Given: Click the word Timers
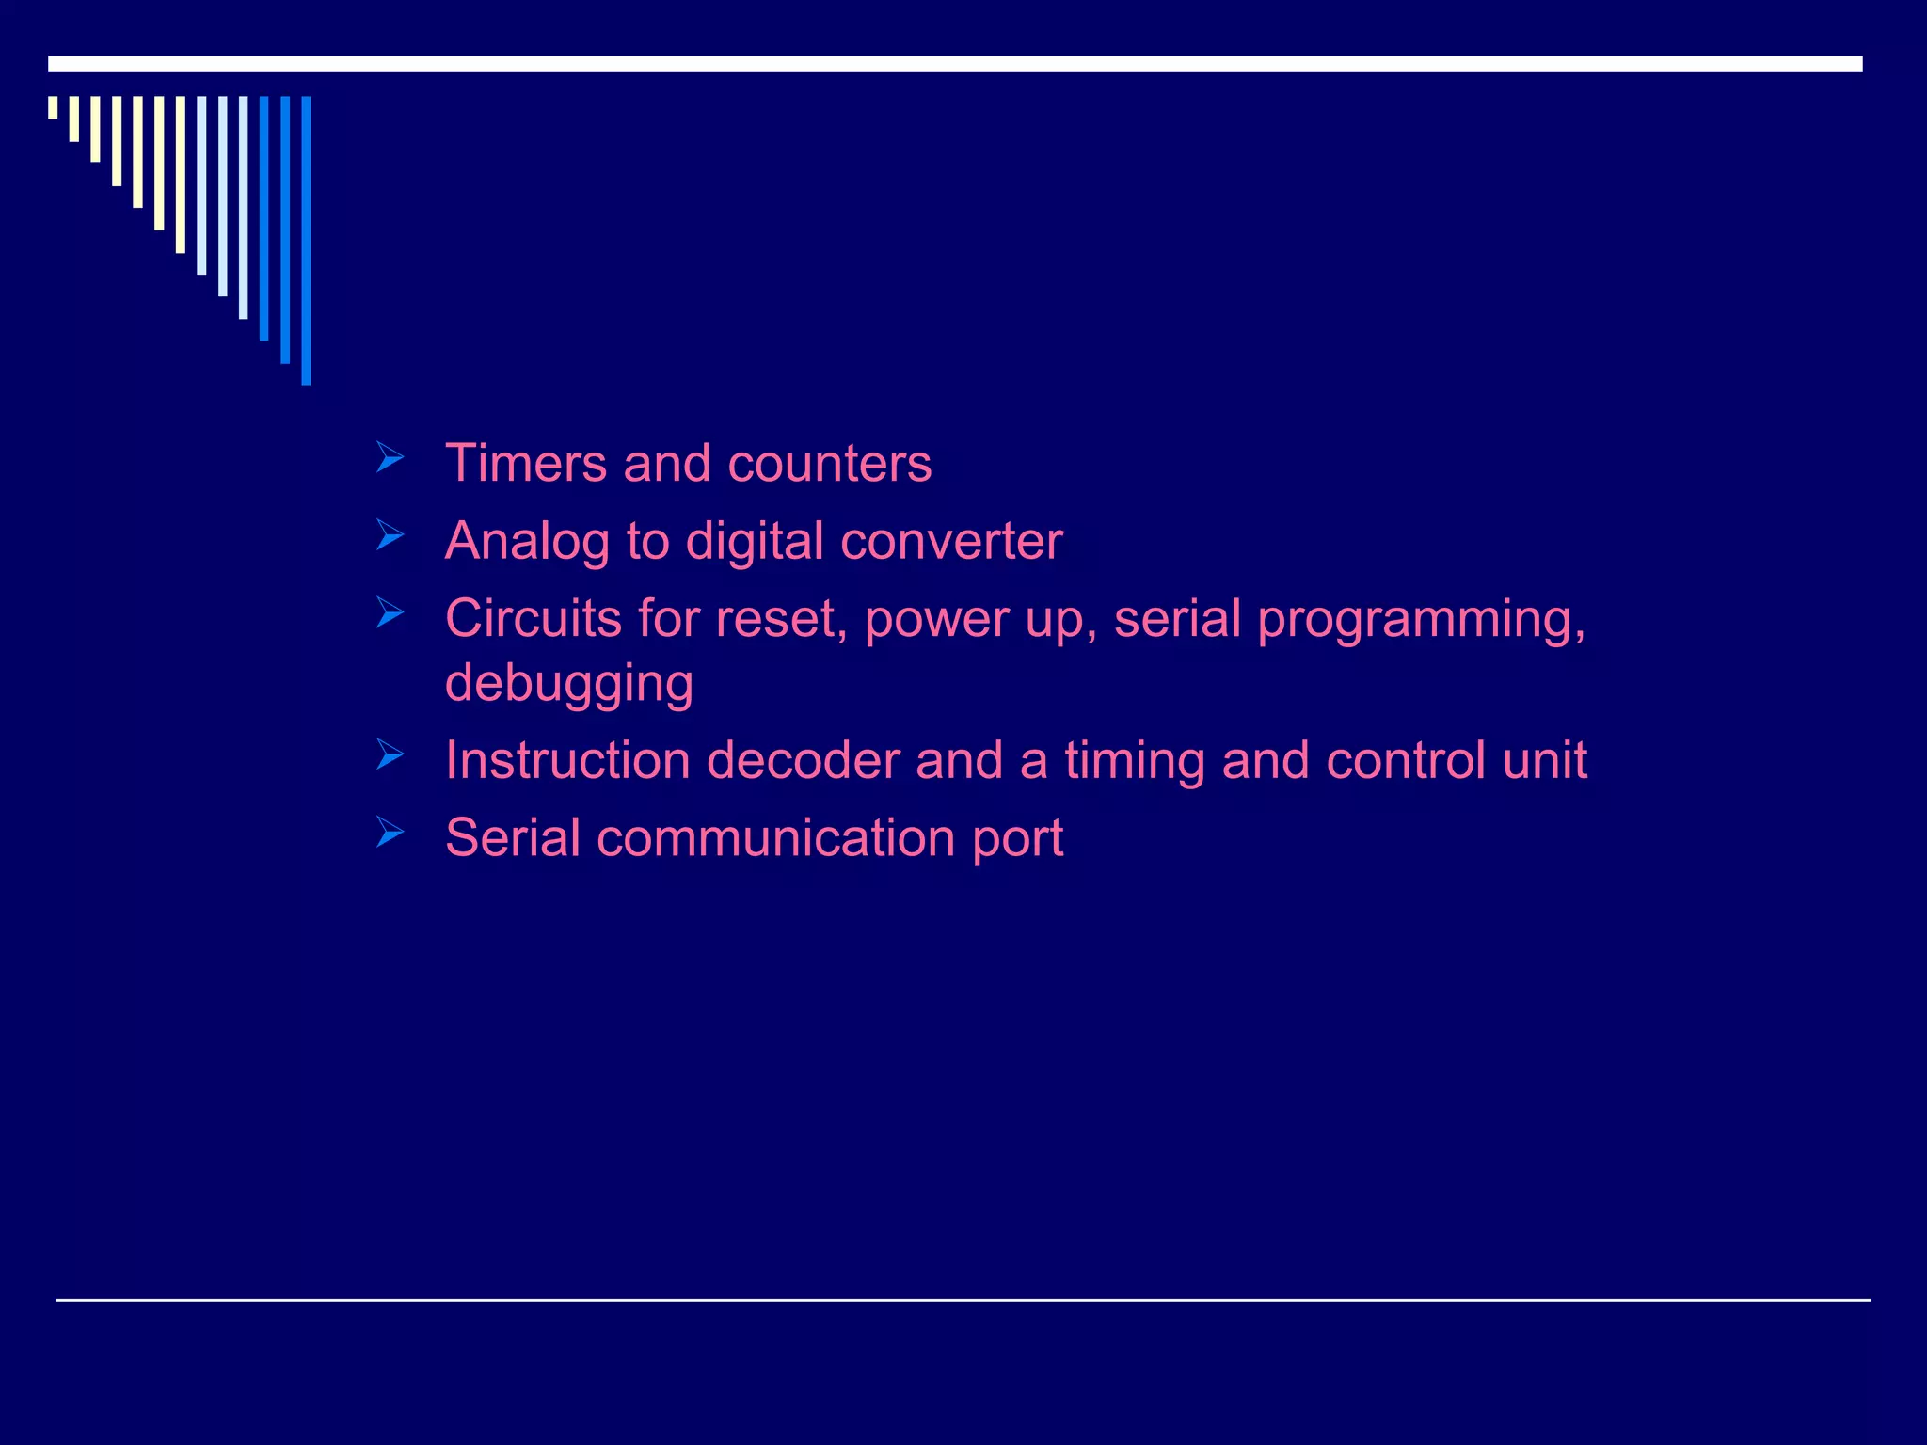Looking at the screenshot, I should tap(526, 463).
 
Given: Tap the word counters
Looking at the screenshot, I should tap(829, 465).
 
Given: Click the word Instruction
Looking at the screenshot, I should tap(567, 760).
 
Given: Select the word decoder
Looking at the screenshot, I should tap(803, 760).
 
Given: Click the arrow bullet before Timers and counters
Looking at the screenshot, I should tap(390, 458).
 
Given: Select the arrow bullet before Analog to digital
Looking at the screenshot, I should tap(390, 535).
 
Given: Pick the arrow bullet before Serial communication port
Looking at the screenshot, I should tap(390, 832).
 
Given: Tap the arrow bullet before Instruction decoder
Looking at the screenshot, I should tap(390, 754).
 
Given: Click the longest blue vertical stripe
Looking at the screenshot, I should tap(306, 240).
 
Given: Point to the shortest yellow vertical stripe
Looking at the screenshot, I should tap(53, 107).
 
